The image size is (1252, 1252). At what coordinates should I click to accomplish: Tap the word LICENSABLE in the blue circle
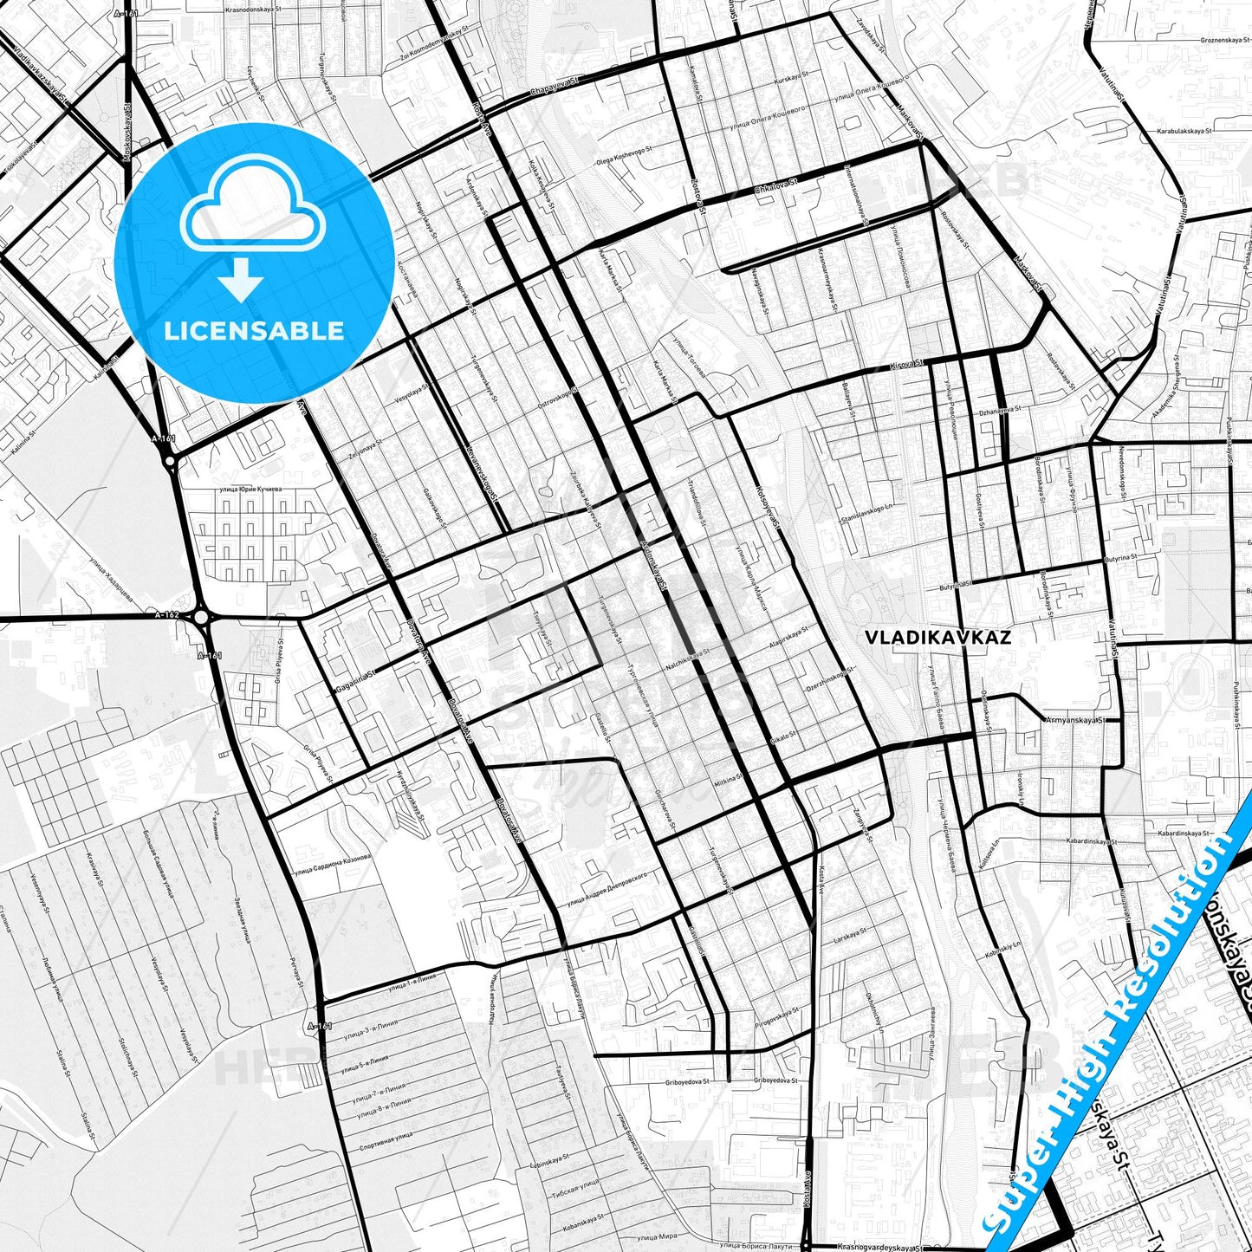(254, 331)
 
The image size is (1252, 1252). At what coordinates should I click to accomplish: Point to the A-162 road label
(167, 615)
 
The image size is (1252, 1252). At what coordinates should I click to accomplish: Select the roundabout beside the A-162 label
(202, 617)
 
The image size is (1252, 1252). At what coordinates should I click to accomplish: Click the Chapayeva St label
(554, 85)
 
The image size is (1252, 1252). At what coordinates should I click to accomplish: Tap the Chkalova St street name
(775, 188)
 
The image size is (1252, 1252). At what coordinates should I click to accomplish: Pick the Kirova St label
(907, 366)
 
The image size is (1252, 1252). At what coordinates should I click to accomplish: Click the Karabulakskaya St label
(1177, 130)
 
